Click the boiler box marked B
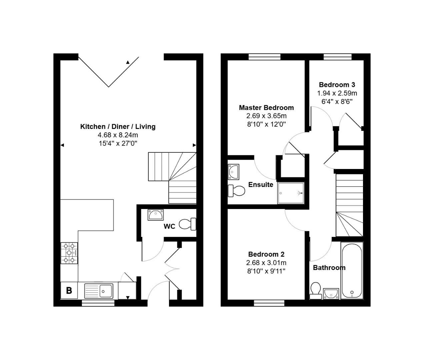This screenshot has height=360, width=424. pyautogui.click(x=69, y=290)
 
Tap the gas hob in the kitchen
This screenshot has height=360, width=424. pyautogui.click(x=69, y=253)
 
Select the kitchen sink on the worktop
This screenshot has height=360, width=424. pyautogui.click(x=99, y=291)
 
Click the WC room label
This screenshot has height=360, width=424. pyautogui.click(x=169, y=227)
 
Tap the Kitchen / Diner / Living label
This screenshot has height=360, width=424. pyautogui.click(x=118, y=127)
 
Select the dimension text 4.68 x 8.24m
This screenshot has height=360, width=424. pyautogui.click(x=118, y=135)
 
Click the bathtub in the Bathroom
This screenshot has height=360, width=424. pyautogui.click(x=352, y=270)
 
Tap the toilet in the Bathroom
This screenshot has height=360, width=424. pyautogui.click(x=315, y=290)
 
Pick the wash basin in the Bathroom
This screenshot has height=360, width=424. pyautogui.click(x=331, y=293)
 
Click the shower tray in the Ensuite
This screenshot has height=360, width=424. pyautogui.click(x=291, y=193)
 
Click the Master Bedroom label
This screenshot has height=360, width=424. pyautogui.click(x=266, y=108)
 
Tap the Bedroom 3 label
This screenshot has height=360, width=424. pyautogui.click(x=337, y=85)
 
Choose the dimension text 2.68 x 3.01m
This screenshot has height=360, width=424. pyautogui.click(x=266, y=263)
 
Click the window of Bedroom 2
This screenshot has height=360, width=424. pyautogui.click(x=269, y=303)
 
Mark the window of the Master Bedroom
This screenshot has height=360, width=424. pyautogui.click(x=264, y=57)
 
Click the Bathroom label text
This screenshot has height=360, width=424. pyautogui.click(x=329, y=268)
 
